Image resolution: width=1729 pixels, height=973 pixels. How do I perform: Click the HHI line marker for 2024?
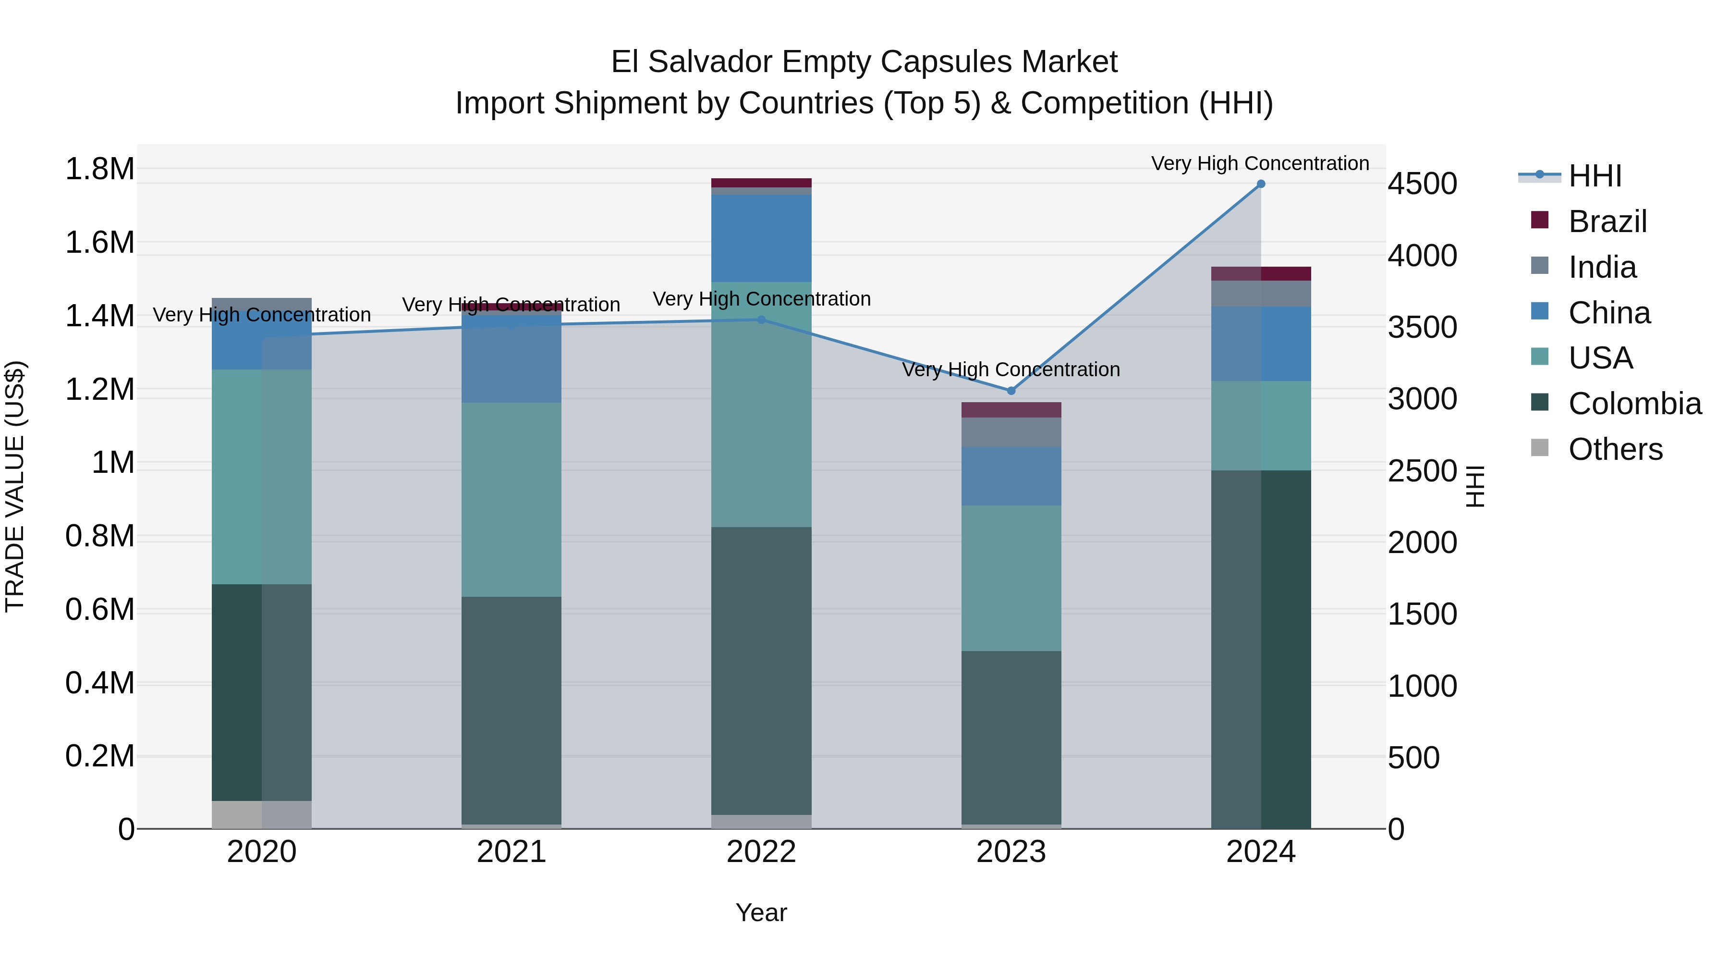coord(1261,184)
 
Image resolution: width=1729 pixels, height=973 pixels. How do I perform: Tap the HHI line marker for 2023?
coord(1011,391)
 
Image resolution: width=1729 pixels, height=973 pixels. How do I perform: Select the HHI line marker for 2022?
coord(761,320)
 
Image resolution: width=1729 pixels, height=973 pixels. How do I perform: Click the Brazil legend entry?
coord(1607,222)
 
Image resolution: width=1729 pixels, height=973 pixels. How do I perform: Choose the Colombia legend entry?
coord(1634,404)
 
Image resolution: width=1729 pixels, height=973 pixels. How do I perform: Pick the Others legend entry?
coord(1615,449)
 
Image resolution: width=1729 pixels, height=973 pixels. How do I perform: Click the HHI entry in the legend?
coord(1594,176)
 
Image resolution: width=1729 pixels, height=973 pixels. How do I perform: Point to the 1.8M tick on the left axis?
coord(99,169)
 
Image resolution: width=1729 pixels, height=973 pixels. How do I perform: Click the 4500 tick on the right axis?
coord(1422,184)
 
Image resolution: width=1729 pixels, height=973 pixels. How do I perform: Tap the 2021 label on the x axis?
coord(511,852)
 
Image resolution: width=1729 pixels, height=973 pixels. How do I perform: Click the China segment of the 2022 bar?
coord(761,238)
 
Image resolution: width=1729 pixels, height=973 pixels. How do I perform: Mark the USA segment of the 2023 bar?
coord(1011,578)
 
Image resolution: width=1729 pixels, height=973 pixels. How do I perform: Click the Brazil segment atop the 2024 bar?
coord(1261,273)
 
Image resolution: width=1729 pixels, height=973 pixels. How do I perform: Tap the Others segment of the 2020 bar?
coord(262,814)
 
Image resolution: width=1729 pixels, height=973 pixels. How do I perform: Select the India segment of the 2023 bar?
coord(1011,432)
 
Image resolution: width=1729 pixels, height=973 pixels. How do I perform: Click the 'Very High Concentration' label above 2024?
coord(1260,164)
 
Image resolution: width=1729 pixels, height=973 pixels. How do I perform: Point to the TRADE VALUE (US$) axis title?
coord(15,486)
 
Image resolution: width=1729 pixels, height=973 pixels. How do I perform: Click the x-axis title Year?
coord(761,912)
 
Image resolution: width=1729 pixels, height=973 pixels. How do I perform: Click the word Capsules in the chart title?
coord(937,62)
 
